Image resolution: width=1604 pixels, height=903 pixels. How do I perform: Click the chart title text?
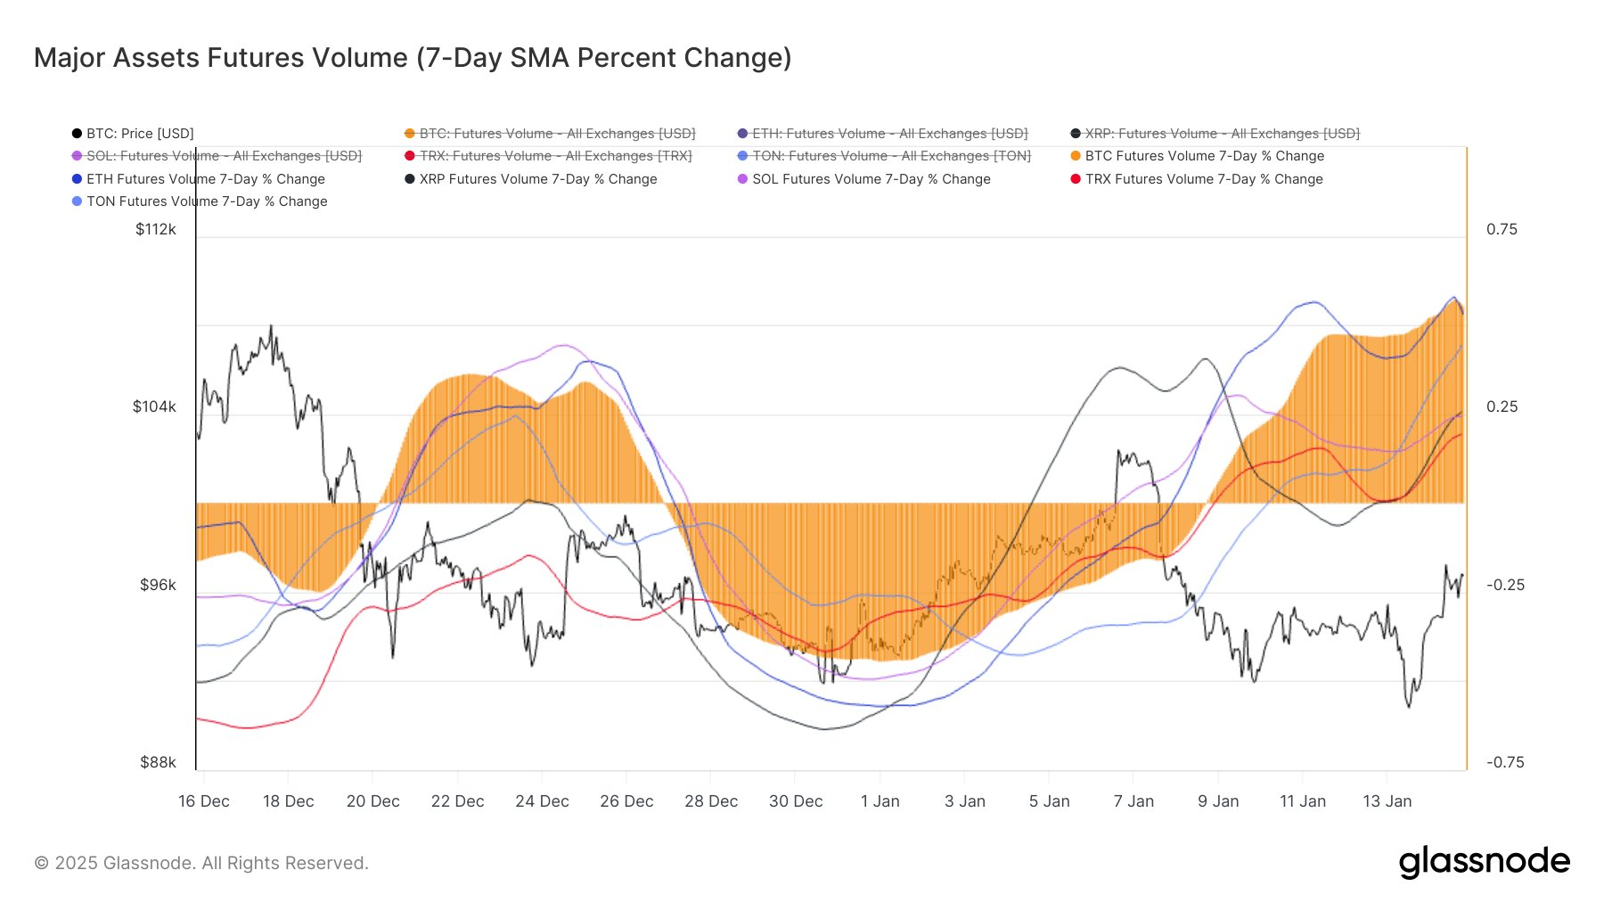[413, 58]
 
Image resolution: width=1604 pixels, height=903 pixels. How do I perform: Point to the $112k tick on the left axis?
[156, 229]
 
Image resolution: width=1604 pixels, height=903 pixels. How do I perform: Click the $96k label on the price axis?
[158, 585]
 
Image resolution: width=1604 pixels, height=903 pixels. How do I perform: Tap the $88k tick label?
[158, 762]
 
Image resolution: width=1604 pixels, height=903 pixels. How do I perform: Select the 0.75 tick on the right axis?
[1502, 229]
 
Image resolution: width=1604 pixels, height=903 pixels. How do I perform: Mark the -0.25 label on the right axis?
[1505, 585]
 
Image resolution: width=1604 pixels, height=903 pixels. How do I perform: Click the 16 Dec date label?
[204, 801]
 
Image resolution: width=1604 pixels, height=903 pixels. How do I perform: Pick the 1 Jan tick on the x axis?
[880, 801]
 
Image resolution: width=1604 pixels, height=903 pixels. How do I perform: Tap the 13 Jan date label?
[1387, 801]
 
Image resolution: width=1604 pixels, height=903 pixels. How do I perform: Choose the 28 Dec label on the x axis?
[711, 801]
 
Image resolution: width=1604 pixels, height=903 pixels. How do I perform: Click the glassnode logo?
[1484, 862]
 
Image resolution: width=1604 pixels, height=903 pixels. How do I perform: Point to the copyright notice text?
[201, 863]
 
